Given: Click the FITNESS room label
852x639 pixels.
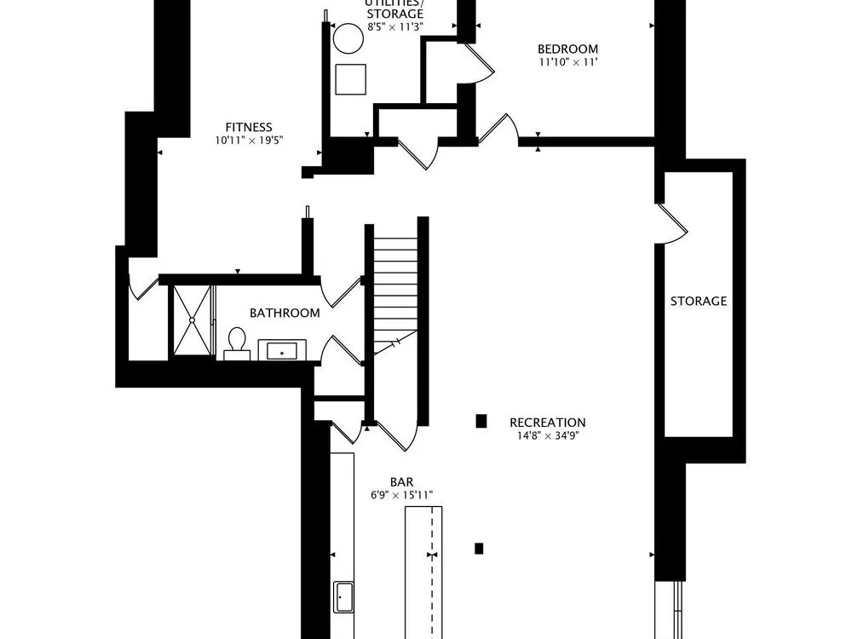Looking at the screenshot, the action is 249,127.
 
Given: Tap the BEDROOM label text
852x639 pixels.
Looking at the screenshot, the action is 567,49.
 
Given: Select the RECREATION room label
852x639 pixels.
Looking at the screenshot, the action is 548,423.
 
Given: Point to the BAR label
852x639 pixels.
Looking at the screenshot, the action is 401,482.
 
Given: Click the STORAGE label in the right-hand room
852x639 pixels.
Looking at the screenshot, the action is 699,301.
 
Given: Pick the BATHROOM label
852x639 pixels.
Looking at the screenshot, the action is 285,313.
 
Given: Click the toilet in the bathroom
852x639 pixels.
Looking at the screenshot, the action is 237,344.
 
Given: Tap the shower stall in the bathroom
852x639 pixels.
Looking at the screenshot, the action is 192,320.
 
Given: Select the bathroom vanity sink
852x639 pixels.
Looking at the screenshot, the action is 282,350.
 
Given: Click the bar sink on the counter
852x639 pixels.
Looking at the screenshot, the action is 343,597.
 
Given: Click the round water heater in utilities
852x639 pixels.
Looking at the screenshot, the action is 348,38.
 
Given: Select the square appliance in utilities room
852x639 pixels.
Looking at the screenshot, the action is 350,79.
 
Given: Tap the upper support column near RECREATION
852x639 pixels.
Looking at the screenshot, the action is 481,421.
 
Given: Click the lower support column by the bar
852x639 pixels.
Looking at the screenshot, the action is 479,549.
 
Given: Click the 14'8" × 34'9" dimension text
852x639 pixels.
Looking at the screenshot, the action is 548,435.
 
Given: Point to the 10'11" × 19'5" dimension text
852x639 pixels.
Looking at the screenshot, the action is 249,141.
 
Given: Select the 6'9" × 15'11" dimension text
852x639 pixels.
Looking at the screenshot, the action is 401,495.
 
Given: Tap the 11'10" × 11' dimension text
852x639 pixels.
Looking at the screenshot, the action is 567,62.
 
